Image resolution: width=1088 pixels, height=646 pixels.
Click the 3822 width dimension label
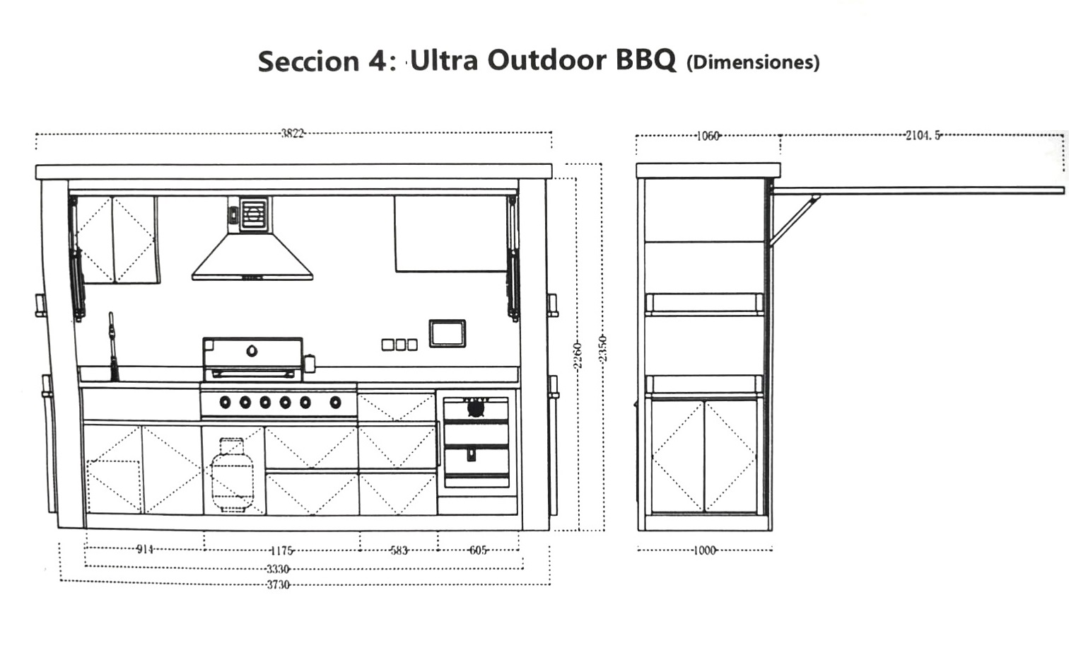pos(293,133)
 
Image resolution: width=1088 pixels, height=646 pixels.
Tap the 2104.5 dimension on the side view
pos(923,135)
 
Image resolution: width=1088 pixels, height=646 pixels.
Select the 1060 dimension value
pos(708,136)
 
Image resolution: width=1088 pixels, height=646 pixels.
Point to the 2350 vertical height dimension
pos(602,349)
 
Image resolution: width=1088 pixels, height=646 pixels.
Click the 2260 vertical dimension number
pos(577,356)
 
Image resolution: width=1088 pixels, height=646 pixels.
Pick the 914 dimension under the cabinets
pos(145,549)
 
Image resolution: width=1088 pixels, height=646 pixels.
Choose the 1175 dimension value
pos(281,550)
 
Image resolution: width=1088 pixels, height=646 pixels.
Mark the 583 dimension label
pos(399,550)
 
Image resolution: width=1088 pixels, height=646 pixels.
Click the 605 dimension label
pos(478,550)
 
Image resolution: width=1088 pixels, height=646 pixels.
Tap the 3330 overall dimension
pos(278,569)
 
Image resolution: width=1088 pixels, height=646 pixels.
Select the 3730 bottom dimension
pos(279,584)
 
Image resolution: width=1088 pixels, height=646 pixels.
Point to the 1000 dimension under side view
pos(705,550)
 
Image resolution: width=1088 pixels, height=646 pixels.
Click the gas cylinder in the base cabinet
pos(232,475)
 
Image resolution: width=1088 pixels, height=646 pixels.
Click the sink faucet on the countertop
pos(112,347)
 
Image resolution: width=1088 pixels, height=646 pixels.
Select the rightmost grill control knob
pos(335,403)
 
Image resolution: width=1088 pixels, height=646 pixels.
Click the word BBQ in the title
pos(646,61)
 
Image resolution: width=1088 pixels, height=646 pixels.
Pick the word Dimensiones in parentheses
pos(754,62)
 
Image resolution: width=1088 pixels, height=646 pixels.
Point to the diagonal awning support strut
pos(795,220)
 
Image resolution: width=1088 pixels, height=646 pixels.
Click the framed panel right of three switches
pos(448,333)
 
